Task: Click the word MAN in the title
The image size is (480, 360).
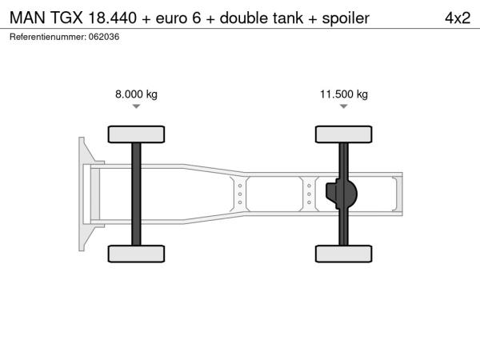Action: click(27, 18)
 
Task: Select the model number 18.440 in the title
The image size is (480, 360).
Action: click(112, 18)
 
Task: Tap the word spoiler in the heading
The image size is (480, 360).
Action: click(346, 18)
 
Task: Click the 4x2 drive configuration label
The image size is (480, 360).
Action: click(458, 18)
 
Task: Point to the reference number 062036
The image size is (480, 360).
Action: click(104, 37)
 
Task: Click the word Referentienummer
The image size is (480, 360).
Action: click(48, 37)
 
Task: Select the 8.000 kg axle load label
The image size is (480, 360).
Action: click(136, 94)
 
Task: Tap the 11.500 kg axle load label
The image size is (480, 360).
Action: click(344, 94)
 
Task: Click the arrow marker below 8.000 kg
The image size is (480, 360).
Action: click(136, 106)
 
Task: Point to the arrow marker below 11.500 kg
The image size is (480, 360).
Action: click(344, 106)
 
